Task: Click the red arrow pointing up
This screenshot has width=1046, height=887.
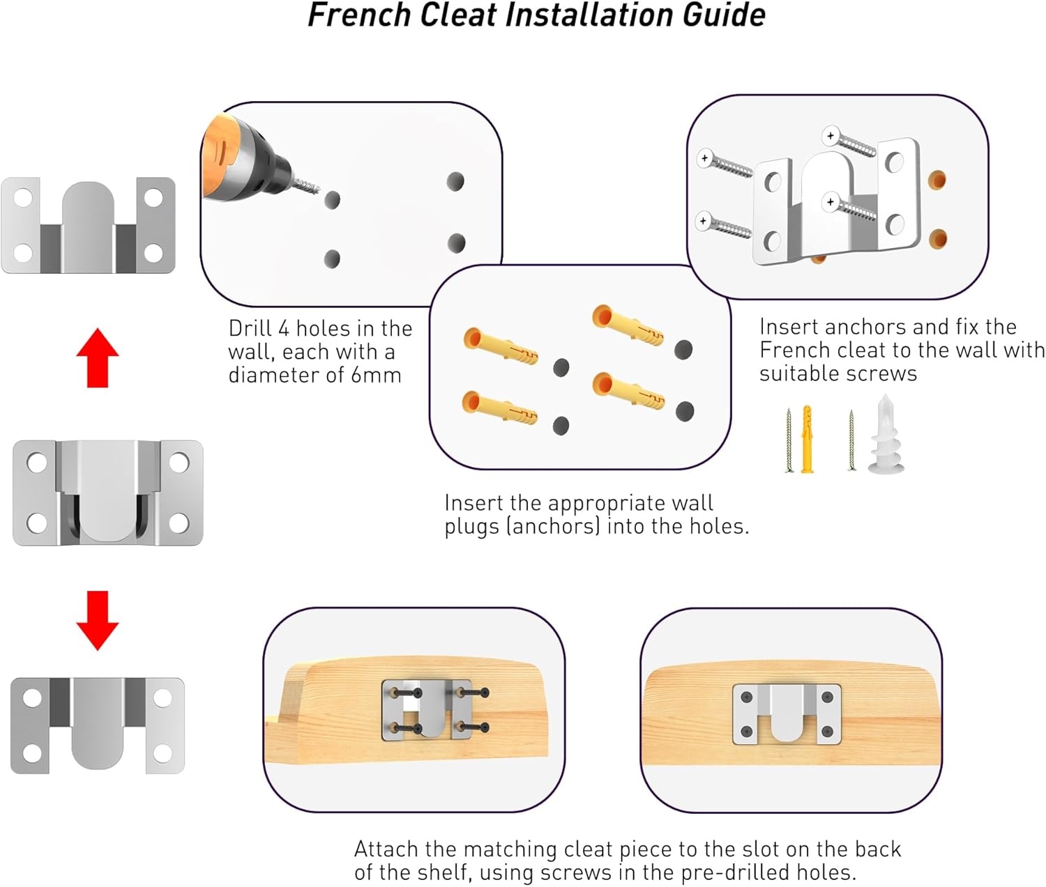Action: pyautogui.click(x=97, y=358)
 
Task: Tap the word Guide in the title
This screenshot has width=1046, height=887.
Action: pyautogui.click(x=724, y=15)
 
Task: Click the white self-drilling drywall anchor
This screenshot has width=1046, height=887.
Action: pyautogui.click(x=886, y=434)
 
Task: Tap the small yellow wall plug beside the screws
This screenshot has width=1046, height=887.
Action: pyautogui.click(x=807, y=439)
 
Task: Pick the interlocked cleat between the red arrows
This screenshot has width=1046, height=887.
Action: pyautogui.click(x=108, y=493)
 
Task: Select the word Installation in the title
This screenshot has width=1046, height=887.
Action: pyautogui.click(x=589, y=15)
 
